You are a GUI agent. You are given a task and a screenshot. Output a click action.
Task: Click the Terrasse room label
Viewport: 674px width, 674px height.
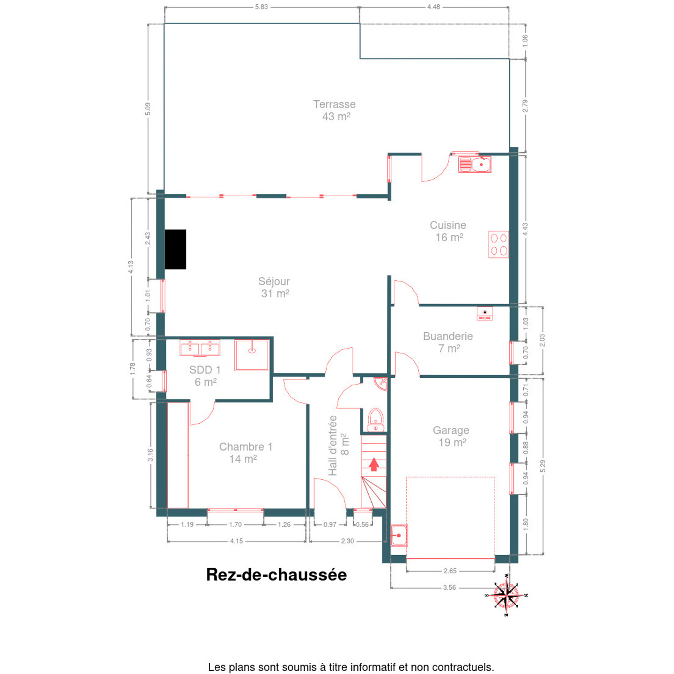tap(334, 104)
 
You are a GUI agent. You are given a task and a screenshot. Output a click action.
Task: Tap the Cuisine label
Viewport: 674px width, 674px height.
tap(448, 225)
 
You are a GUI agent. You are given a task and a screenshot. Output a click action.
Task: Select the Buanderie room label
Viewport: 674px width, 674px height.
tap(448, 336)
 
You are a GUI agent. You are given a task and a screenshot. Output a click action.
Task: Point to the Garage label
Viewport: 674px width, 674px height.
tap(451, 430)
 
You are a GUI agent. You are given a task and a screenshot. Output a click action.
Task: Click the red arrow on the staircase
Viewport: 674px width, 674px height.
tap(374, 464)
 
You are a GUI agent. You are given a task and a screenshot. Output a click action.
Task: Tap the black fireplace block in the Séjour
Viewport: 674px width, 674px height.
tap(175, 249)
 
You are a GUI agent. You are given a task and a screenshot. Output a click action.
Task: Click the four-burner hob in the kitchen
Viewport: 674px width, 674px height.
tap(498, 244)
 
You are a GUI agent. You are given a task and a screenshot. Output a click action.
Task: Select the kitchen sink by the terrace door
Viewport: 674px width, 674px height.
tap(475, 164)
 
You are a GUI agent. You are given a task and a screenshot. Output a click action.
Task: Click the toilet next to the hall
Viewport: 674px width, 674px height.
tap(376, 420)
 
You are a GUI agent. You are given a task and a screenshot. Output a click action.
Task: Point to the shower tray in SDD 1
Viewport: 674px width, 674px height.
tap(252, 355)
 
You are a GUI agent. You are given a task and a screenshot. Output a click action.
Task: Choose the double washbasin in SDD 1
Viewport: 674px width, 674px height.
tap(200, 348)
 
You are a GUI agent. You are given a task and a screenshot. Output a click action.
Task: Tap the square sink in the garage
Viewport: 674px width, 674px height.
tap(399, 535)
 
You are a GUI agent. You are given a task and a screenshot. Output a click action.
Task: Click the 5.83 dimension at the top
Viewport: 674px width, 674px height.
tap(261, 7)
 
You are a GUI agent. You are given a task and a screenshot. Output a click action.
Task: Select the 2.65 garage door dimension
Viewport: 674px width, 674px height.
tap(450, 571)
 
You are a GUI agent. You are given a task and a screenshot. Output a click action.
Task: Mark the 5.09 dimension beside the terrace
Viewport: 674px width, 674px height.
tap(148, 109)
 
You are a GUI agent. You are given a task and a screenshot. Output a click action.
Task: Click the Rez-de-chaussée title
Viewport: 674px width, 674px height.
tap(276, 575)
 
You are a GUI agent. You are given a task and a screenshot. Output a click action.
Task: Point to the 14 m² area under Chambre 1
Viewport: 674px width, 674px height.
tap(243, 459)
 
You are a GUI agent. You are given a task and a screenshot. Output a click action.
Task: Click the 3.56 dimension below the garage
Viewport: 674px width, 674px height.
tap(449, 587)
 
